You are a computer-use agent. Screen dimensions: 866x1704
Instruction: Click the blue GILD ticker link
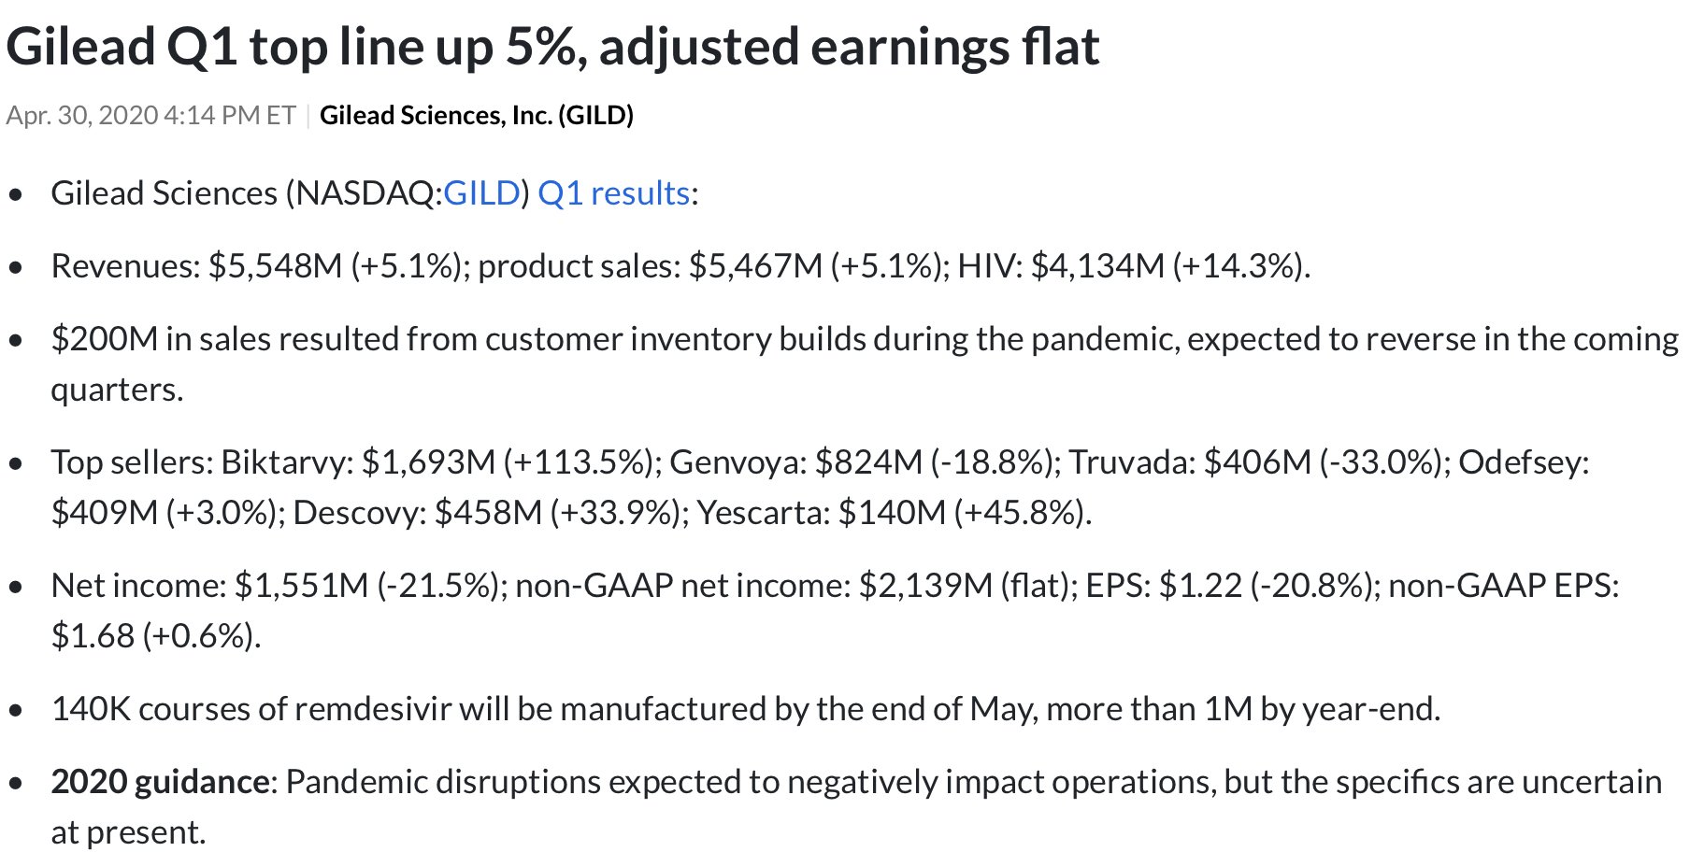[x=480, y=193]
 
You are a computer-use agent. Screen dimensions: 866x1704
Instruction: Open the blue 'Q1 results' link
[x=613, y=193]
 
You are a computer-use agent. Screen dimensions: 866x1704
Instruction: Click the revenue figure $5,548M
[x=275, y=266]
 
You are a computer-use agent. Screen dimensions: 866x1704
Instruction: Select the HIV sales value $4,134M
[x=1097, y=266]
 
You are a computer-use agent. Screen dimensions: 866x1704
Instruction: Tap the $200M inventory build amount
[x=104, y=339]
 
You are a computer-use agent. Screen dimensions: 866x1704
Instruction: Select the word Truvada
[x=1131, y=462]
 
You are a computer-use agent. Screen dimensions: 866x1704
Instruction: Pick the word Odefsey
[x=1523, y=462]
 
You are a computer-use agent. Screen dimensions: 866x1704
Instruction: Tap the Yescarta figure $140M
[x=892, y=513]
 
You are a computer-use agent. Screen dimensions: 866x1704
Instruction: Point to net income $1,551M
[x=301, y=586]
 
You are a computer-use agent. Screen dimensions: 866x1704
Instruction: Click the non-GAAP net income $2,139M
[x=925, y=586]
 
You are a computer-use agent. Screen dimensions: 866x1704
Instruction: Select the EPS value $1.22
[x=1200, y=586]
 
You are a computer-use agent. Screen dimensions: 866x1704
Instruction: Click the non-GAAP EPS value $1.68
[x=93, y=636]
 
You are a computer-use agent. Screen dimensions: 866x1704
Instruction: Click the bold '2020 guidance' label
[x=160, y=782]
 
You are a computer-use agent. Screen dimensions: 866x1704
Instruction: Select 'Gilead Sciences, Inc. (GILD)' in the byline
[x=477, y=116]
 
